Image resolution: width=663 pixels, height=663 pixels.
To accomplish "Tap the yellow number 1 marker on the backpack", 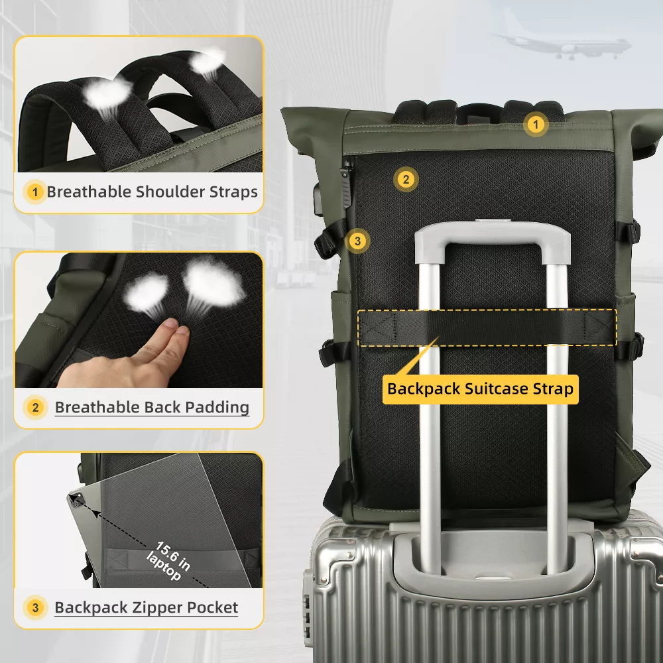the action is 536,125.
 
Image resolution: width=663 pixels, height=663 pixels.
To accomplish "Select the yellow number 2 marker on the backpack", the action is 406,179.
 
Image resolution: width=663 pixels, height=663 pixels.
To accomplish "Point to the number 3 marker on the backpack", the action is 358,241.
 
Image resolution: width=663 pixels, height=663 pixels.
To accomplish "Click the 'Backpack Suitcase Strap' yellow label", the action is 480,389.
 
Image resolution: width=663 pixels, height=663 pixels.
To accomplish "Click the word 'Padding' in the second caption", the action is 217,408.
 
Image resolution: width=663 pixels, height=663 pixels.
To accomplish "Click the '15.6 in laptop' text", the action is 168,561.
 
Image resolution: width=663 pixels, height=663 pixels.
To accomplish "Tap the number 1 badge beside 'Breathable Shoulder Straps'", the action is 35,192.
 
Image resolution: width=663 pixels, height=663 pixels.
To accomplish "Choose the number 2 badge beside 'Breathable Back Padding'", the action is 36,408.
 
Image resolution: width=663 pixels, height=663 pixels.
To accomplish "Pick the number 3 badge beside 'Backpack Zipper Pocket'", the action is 36,607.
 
